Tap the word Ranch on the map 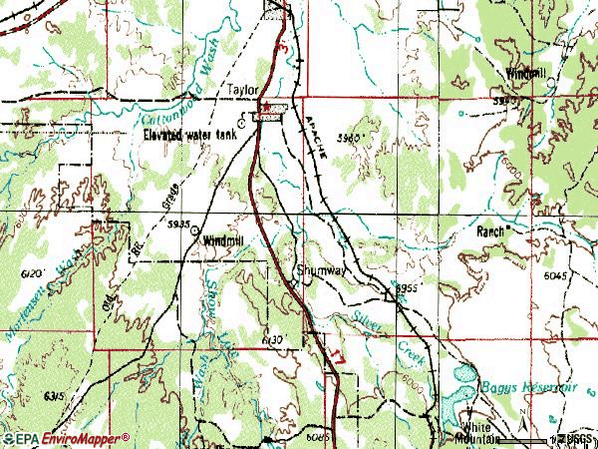coord(492,229)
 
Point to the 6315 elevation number coord(54,396)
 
